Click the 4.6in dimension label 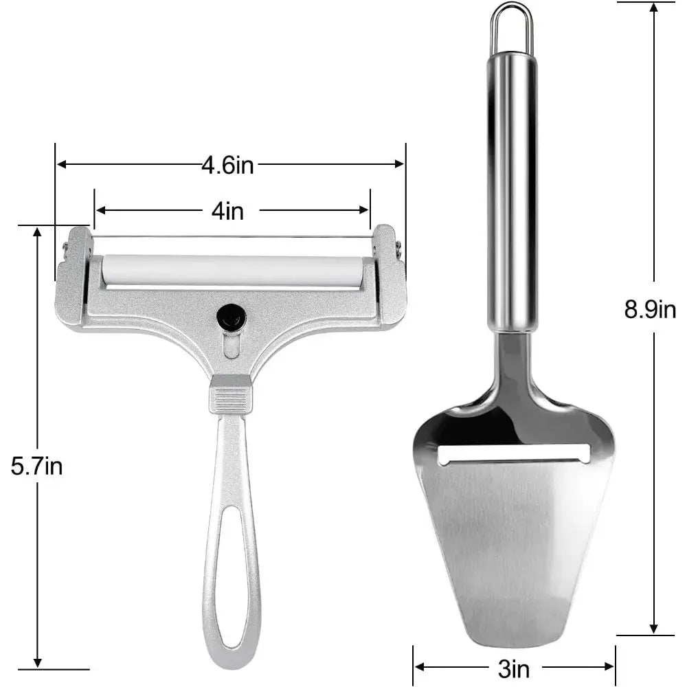click(x=228, y=165)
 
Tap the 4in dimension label click(x=228, y=211)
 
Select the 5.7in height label click(x=37, y=466)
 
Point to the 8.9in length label click(x=650, y=309)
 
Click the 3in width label click(x=514, y=669)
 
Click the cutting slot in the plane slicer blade click(x=515, y=454)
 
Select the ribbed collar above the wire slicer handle click(x=231, y=394)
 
